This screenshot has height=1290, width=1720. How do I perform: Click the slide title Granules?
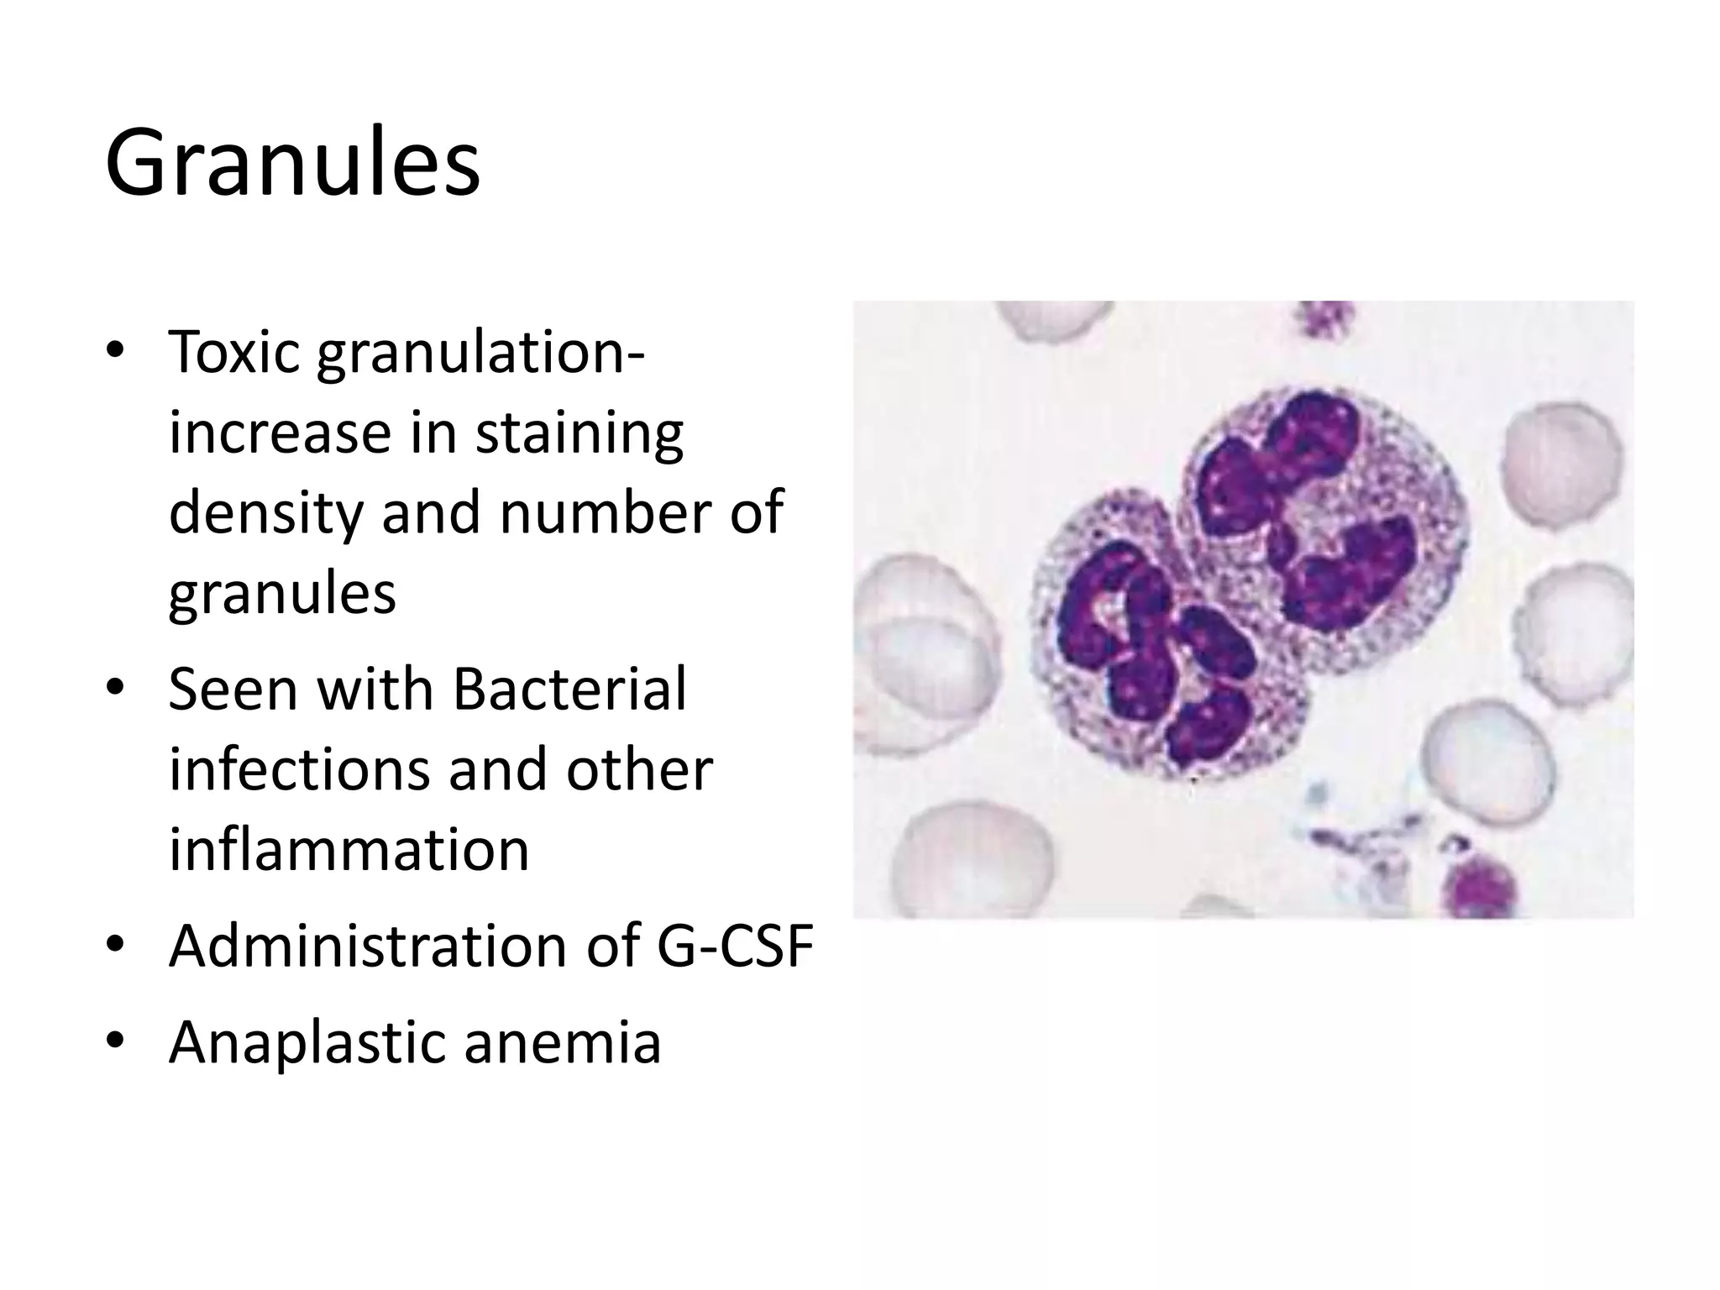click(x=292, y=161)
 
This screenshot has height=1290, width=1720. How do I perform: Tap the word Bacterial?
click(x=569, y=689)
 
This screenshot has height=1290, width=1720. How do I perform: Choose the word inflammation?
click(x=349, y=850)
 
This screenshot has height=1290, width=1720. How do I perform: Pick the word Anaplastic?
click(x=307, y=1041)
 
